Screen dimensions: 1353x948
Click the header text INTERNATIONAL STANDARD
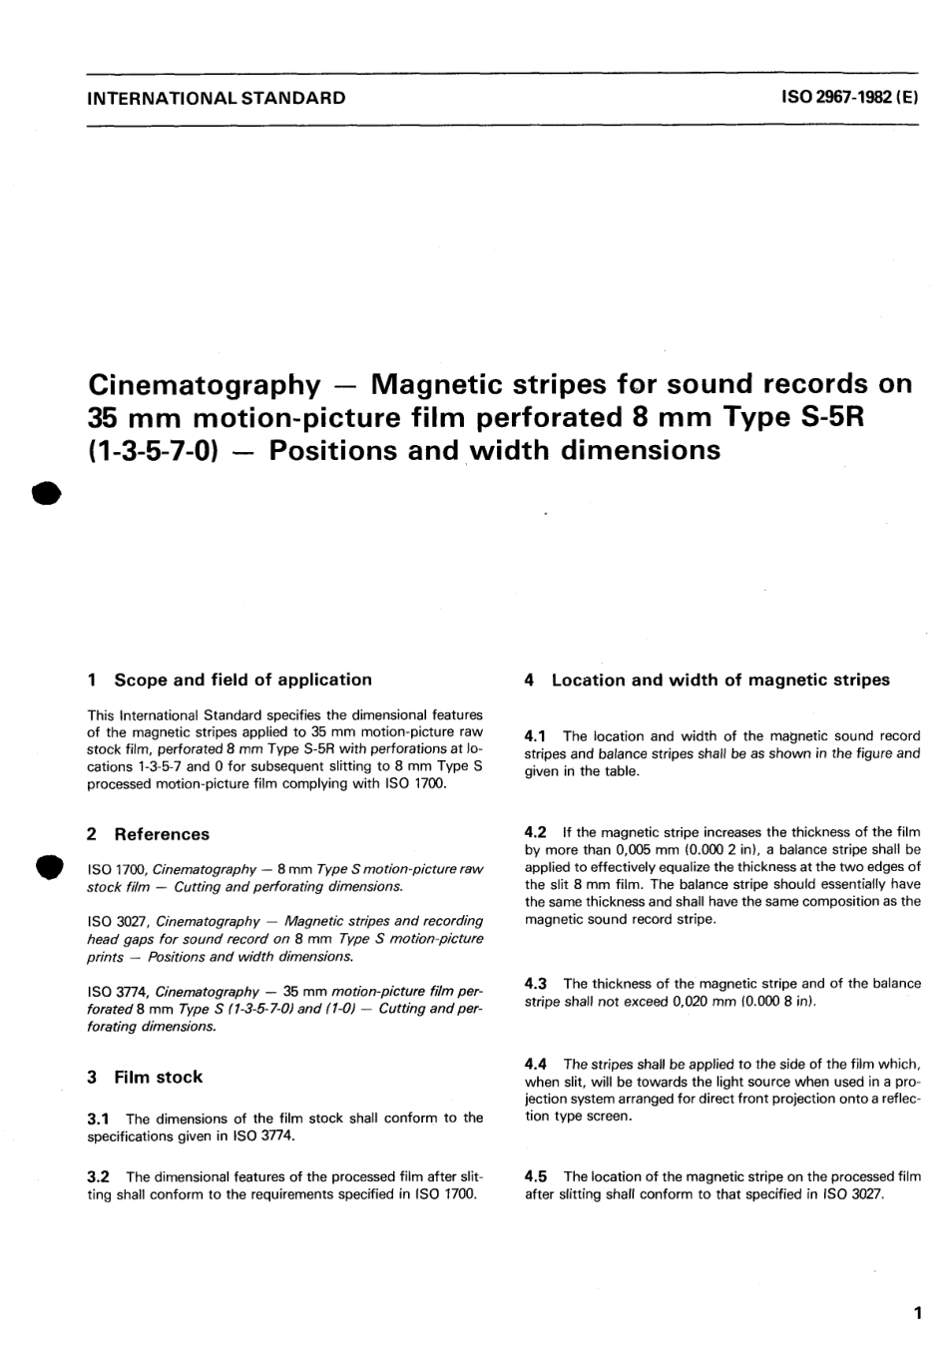tap(217, 98)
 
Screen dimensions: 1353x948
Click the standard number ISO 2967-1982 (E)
tap(845, 98)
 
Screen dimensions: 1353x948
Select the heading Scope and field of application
tap(242, 679)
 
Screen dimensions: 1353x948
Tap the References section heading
tap(162, 834)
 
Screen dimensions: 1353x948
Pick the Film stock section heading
tap(158, 1077)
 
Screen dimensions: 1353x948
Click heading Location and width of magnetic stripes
tap(719, 679)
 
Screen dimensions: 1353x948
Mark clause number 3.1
tap(99, 1119)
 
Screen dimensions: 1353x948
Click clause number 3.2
tap(99, 1177)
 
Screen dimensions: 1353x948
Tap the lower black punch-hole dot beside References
tap(45, 866)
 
